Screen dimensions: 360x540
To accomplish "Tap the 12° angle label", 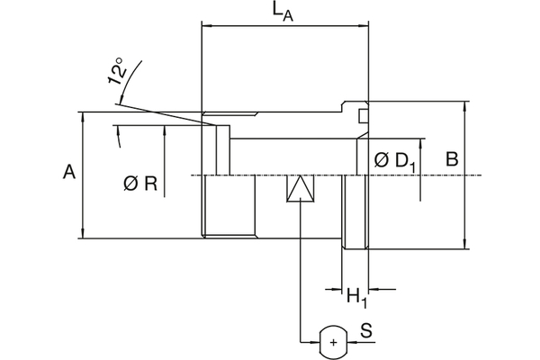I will point(114,73).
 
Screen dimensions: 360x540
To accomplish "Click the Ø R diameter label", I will point(140,184).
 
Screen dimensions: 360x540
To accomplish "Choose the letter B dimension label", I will point(453,159).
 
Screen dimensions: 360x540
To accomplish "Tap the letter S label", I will point(366,331).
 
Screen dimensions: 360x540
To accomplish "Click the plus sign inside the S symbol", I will point(334,342).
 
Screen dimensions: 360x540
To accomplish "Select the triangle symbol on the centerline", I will point(300,190).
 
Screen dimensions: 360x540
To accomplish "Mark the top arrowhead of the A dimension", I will point(84,116).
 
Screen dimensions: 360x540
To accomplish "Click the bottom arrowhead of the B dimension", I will point(465,243).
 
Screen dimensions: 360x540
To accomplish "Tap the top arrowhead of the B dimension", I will point(465,104).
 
